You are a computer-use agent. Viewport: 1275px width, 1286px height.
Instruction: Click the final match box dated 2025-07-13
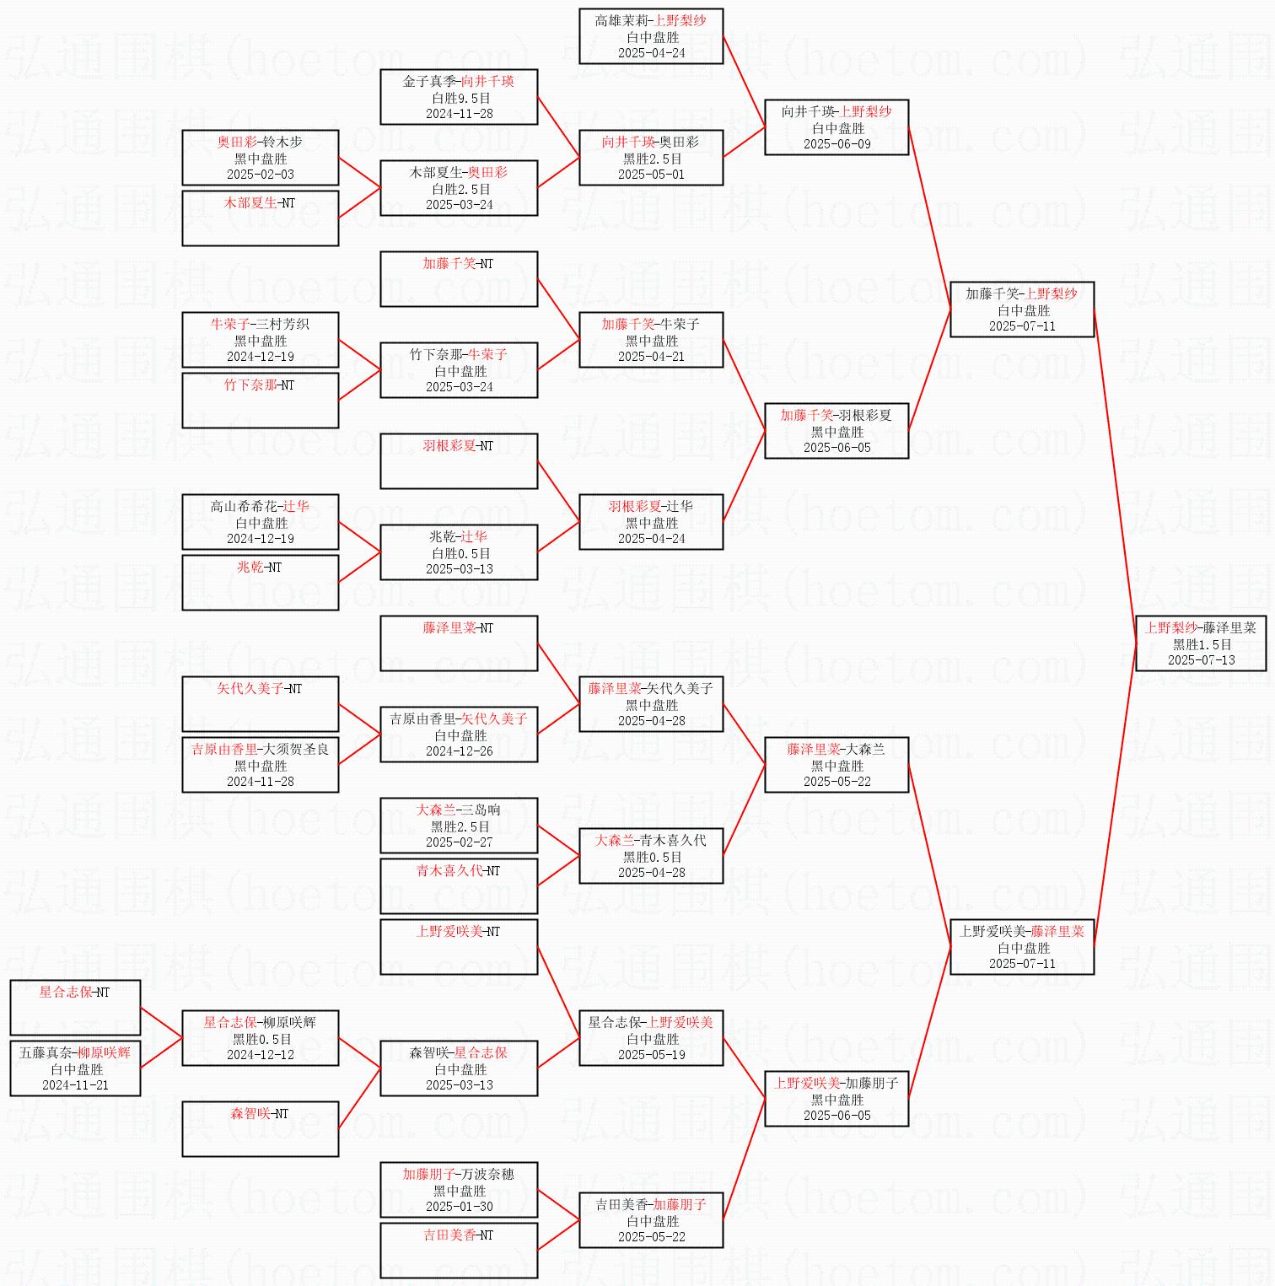[x=1200, y=643]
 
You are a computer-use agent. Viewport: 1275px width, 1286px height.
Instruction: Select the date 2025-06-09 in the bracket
[x=837, y=144]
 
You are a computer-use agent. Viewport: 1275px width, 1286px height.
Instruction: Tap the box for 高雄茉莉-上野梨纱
[x=651, y=36]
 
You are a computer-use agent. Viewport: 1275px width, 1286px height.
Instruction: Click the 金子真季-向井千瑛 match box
[x=459, y=97]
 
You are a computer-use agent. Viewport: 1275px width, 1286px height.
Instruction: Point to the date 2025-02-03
[x=261, y=175]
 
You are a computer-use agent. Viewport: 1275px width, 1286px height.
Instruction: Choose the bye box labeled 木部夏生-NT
[x=261, y=218]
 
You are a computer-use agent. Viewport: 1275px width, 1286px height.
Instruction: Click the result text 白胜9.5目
[x=459, y=98]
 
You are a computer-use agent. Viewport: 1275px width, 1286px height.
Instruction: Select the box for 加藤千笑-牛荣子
[x=651, y=340]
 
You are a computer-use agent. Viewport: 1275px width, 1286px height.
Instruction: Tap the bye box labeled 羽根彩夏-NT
[x=459, y=460]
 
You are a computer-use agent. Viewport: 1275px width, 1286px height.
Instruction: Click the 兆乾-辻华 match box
[x=459, y=552]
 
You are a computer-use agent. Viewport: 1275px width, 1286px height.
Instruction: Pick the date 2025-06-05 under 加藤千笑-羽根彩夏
[x=837, y=448]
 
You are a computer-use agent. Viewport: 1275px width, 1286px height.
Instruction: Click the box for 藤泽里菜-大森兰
[x=837, y=765]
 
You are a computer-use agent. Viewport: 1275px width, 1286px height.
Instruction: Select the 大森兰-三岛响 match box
[x=459, y=826]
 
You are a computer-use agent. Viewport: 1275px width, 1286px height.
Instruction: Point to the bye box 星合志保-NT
[x=75, y=1007]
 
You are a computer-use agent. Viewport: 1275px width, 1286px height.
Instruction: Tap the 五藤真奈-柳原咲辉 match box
[x=75, y=1068]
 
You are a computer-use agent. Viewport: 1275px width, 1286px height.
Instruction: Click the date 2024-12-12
[x=261, y=1055]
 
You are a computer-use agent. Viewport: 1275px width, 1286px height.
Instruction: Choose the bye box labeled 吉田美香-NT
[x=459, y=1250]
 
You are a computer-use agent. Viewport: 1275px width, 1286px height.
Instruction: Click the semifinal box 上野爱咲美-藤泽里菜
[x=1022, y=947]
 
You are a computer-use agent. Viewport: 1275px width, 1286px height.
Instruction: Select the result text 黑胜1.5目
[x=1201, y=644]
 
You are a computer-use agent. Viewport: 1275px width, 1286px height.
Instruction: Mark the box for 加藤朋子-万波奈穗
[x=459, y=1190]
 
